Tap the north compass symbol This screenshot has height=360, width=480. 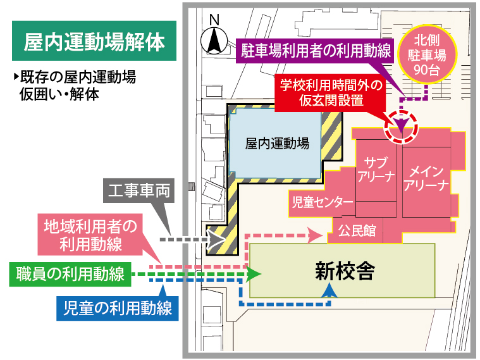click(x=214, y=40)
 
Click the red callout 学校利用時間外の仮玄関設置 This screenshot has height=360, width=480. click(x=331, y=92)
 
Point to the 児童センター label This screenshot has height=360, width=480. click(x=322, y=203)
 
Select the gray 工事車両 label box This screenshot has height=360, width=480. click(x=138, y=191)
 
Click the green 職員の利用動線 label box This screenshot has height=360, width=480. click(x=70, y=274)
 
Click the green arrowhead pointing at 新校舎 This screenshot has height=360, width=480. click(x=255, y=274)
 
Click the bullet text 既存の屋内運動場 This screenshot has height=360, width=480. click(x=77, y=79)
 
